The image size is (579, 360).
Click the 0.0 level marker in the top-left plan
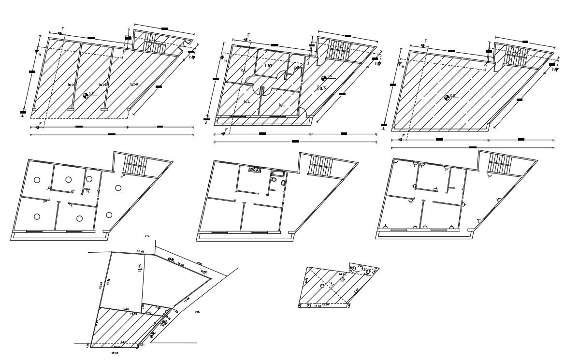pyautogui.click(x=86, y=96)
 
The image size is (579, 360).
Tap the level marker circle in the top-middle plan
pyautogui.click(x=324, y=78)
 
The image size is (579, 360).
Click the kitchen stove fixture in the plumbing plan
pyautogui.click(x=255, y=170)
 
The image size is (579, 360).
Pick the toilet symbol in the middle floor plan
pyautogui.click(x=273, y=180)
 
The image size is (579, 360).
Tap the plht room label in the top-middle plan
pyautogui.click(x=298, y=68)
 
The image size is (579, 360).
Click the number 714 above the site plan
pyautogui.click(x=147, y=236)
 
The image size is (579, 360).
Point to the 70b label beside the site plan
pyautogui.click(x=197, y=313)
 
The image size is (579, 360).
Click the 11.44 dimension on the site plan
pyautogui.click(x=186, y=300)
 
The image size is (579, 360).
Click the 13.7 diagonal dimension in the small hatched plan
pyautogui.click(x=332, y=283)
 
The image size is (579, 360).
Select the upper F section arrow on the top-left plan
pyautogui.click(x=61, y=31)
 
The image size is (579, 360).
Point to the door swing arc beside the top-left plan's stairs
pyautogui.click(x=187, y=47)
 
